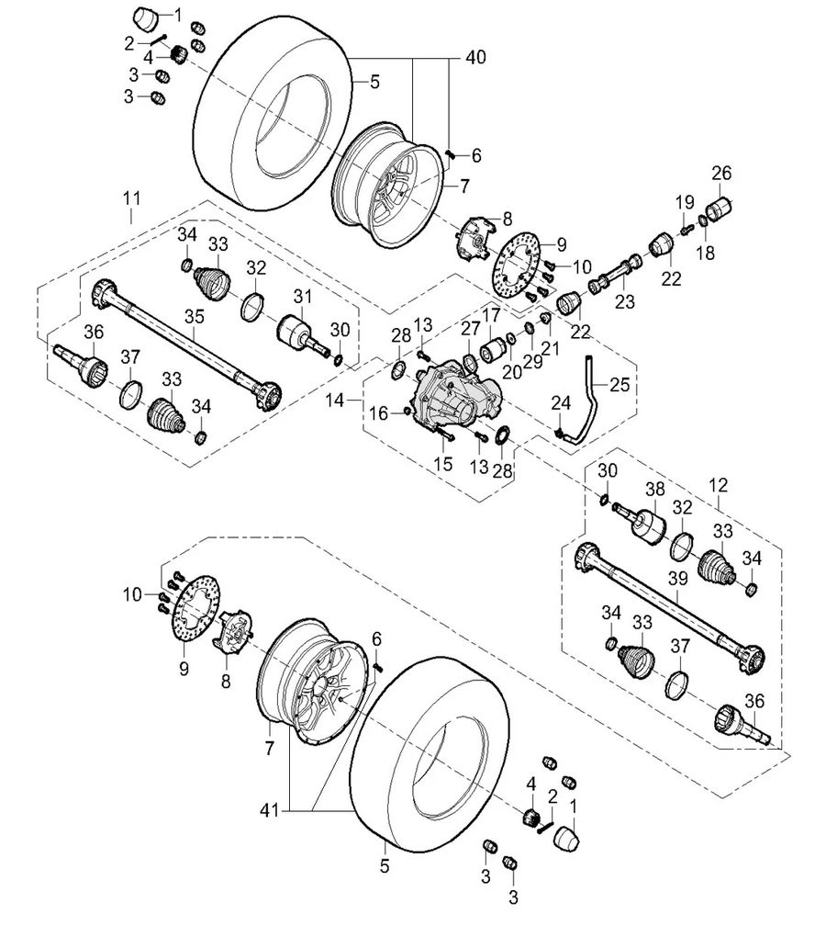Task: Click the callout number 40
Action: click(x=475, y=57)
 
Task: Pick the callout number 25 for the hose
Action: click(x=619, y=384)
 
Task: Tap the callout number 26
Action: click(x=721, y=172)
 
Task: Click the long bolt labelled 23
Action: click(x=612, y=276)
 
